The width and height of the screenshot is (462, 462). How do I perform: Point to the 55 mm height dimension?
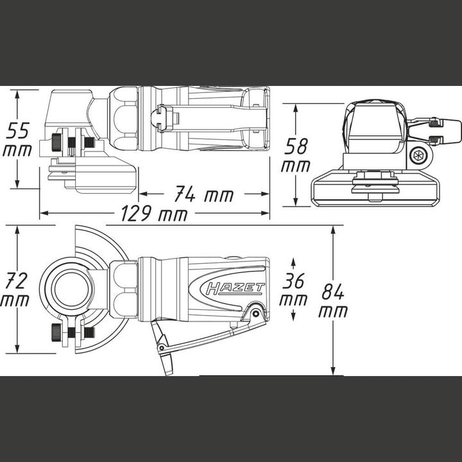tap(17, 140)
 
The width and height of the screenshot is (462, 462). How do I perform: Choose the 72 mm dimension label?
tap(15, 289)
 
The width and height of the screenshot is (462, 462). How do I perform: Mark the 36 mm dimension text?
tap(293, 289)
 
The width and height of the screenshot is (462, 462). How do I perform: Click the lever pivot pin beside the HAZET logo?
tap(255, 313)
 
